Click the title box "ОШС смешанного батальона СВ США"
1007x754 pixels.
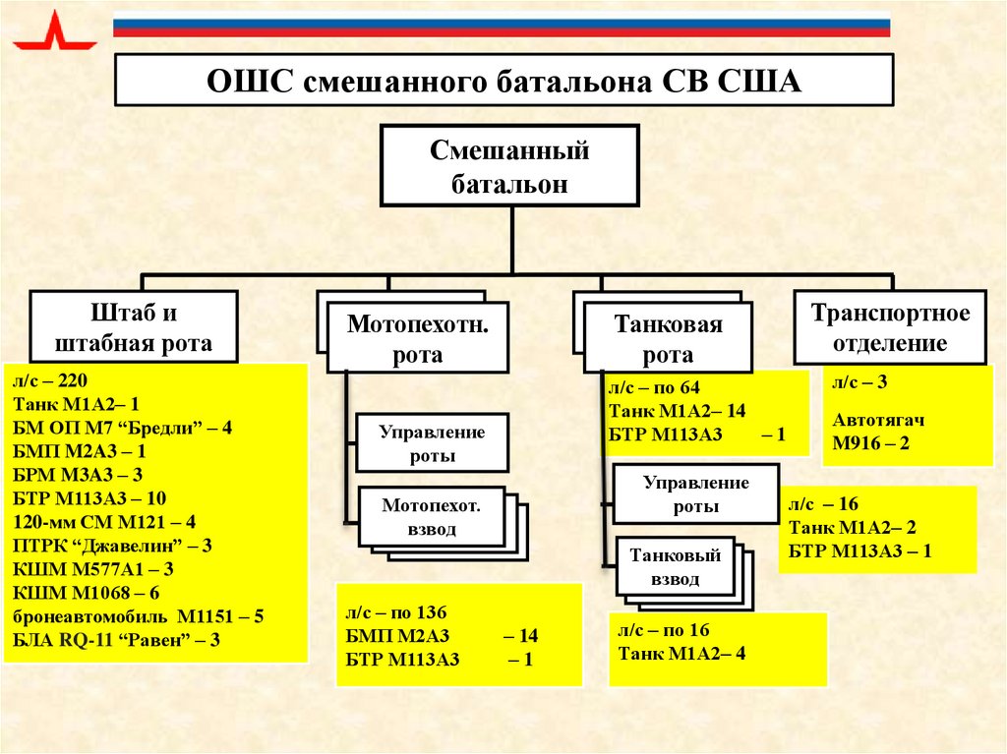[x=503, y=80]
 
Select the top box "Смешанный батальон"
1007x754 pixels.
[x=510, y=166]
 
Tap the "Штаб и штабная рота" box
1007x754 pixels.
[x=134, y=328]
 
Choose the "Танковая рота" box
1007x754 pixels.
[x=668, y=338]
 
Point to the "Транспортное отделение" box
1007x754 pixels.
[x=890, y=327]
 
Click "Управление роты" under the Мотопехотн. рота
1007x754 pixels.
[x=432, y=443]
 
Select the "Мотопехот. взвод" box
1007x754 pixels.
[x=432, y=518]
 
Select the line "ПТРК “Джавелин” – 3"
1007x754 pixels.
[x=111, y=545]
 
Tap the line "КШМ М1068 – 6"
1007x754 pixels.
[x=87, y=592]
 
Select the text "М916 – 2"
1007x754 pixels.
[x=870, y=443]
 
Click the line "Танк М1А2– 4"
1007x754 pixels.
[x=681, y=652]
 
